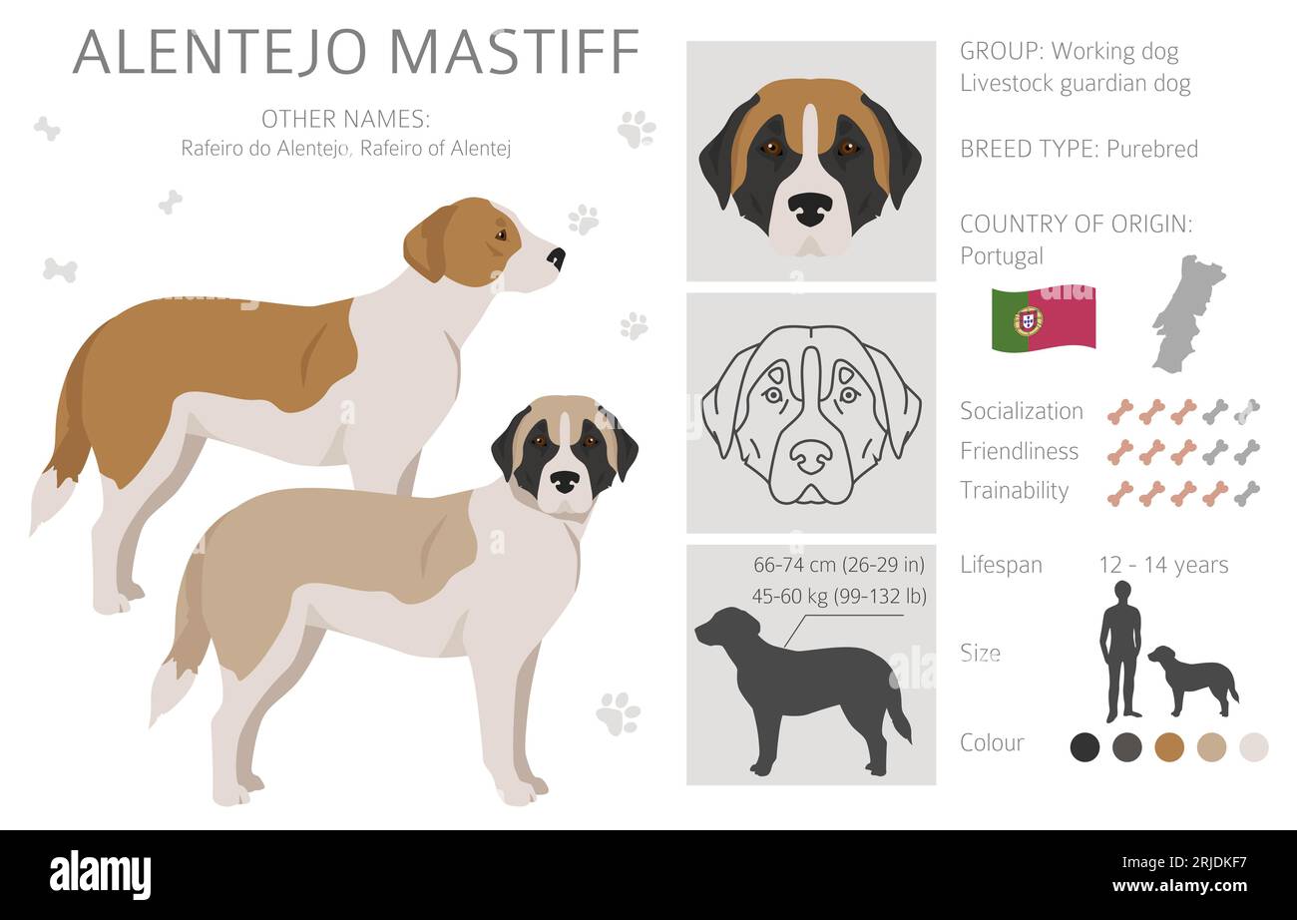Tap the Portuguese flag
(x=1044, y=318)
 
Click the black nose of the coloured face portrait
(x=811, y=210)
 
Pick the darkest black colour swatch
(x=1084, y=747)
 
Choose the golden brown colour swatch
(x=1169, y=747)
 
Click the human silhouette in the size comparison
(x=1121, y=652)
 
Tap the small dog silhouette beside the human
(x=1193, y=682)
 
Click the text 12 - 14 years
(x=1163, y=565)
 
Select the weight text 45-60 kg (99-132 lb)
(x=839, y=596)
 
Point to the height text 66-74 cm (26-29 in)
(x=839, y=565)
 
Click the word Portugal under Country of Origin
(x=1001, y=255)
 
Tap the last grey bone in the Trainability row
(x=1247, y=493)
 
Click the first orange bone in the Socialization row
(x=1120, y=412)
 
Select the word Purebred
(x=1152, y=150)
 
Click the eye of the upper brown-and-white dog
(x=500, y=235)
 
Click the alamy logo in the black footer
(x=100, y=874)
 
